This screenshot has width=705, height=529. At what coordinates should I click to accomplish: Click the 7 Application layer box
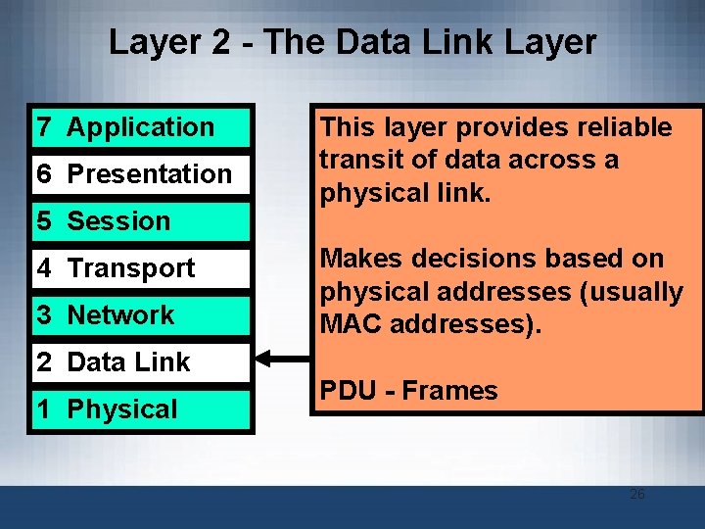tap(141, 127)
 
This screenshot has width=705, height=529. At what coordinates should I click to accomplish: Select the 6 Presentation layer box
tap(141, 174)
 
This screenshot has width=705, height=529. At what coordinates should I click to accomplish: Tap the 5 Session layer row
tap(141, 221)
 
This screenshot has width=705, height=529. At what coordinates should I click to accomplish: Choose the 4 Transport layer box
tap(141, 268)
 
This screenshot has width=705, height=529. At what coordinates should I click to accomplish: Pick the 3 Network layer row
tap(141, 315)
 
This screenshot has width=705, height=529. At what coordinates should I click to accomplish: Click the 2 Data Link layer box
tap(141, 362)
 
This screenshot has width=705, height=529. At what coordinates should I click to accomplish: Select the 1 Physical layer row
tap(141, 409)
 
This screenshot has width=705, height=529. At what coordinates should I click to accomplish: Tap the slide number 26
tap(636, 494)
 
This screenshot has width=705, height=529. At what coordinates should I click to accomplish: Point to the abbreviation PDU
tap(349, 391)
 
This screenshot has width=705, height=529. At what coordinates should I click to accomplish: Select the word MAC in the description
tap(350, 323)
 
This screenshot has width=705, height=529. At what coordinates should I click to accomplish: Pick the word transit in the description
tap(361, 160)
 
